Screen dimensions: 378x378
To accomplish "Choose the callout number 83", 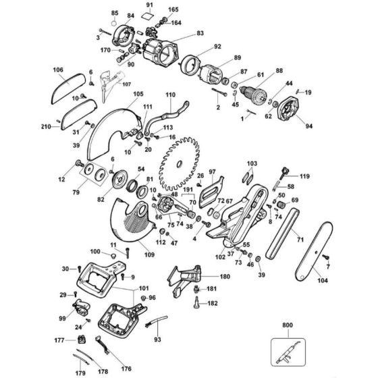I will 200,32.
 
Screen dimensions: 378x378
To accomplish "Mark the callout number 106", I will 57,70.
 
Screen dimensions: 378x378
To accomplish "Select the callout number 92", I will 217,47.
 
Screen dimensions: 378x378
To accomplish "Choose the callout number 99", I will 63,318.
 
